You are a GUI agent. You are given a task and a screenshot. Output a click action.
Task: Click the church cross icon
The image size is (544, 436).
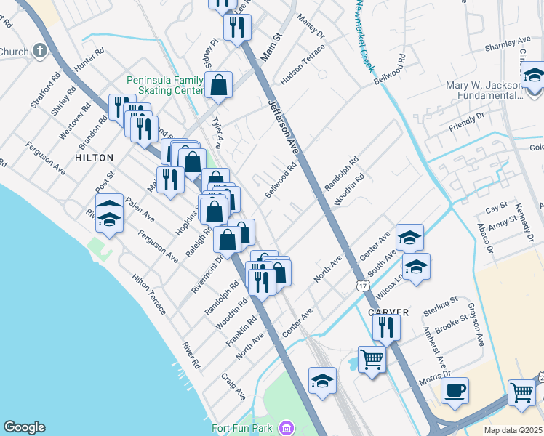[x=39, y=52]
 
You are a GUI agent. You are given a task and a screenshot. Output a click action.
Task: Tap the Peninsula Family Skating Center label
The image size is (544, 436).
[x=165, y=85]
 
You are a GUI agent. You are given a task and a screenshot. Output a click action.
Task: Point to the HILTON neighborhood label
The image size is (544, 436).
[x=94, y=158]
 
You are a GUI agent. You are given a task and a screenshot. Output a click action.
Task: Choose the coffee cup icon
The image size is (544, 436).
[x=455, y=390]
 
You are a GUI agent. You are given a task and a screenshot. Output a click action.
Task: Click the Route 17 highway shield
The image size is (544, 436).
[x=362, y=286]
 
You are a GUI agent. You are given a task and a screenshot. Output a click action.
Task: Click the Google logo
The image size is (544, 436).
[x=24, y=427]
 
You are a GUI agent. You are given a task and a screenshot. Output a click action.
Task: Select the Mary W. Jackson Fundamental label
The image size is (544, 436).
[x=484, y=90]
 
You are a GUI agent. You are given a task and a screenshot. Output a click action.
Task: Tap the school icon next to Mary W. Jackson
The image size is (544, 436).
[x=533, y=76]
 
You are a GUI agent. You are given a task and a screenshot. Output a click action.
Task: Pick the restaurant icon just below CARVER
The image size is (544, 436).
[x=386, y=328]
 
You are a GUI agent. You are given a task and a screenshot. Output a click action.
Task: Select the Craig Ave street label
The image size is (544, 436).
[x=234, y=387]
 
